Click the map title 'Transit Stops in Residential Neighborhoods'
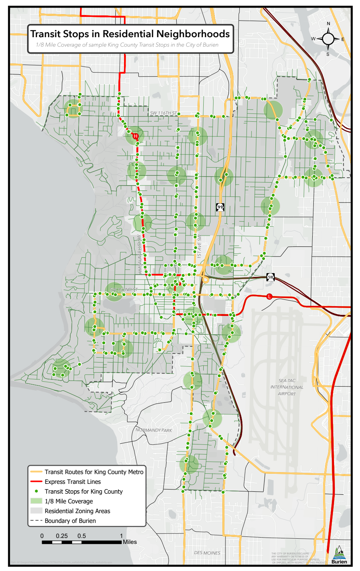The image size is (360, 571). pos(130,34)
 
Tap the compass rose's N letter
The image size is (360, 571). pos(328,24)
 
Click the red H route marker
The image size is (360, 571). pos(135,136)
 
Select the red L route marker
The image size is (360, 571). pos(269,296)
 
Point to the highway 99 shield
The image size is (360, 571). pos(220,207)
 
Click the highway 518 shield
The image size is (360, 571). pos(271,277)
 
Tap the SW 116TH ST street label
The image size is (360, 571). pos(163,113)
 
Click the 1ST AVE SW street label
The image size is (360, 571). pos(199,246)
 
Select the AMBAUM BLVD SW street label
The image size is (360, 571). pos(139,255)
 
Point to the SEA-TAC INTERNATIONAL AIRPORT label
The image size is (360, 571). pos(287,387)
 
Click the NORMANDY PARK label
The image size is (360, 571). pos(154,430)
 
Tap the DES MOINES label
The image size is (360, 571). pos(207,553)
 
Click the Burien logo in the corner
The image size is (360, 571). pos(339,555)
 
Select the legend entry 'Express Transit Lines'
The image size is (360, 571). pos(73,482)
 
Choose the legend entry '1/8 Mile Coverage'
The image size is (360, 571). pos(68,501)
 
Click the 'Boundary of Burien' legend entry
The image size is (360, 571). pos(70,521)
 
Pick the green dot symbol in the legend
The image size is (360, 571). pos(36,491)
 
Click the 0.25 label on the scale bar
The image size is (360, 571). pos(62,536)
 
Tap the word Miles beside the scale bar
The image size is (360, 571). pos(130,542)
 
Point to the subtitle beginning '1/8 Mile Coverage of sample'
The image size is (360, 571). pos(127,45)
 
